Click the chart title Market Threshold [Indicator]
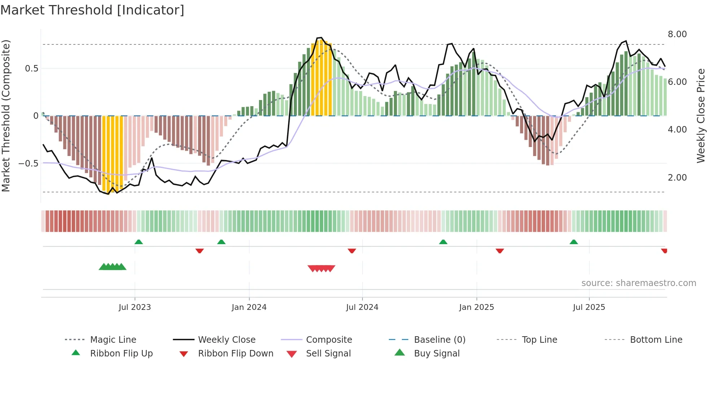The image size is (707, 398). [x=92, y=10]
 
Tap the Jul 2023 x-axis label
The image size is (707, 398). [x=135, y=307]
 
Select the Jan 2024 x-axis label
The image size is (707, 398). [x=249, y=307]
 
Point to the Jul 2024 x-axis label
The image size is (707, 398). [x=362, y=307]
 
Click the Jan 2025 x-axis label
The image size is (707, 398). [x=477, y=307]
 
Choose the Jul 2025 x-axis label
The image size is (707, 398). [x=589, y=307]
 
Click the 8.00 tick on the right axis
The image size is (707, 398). [x=677, y=34]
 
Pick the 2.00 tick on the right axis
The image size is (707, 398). [x=677, y=178]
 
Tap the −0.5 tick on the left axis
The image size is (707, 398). [x=28, y=164]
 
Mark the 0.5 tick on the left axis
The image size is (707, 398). [x=31, y=69]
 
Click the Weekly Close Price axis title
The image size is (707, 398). [x=701, y=116]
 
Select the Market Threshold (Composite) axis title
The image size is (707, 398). [x=6, y=116]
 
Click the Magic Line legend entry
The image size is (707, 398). [x=113, y=340]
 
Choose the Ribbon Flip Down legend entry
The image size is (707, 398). [x=236, y=354]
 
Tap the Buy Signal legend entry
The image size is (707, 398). [x=436, y=354]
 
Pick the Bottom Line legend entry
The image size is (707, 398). [x=656, y=340]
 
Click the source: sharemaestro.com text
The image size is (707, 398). [x=638, y=283]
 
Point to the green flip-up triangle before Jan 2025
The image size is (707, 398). [x=443, y=242]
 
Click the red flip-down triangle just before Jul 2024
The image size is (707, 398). [x=352, y=251]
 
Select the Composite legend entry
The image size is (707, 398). [x=329, y=340]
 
